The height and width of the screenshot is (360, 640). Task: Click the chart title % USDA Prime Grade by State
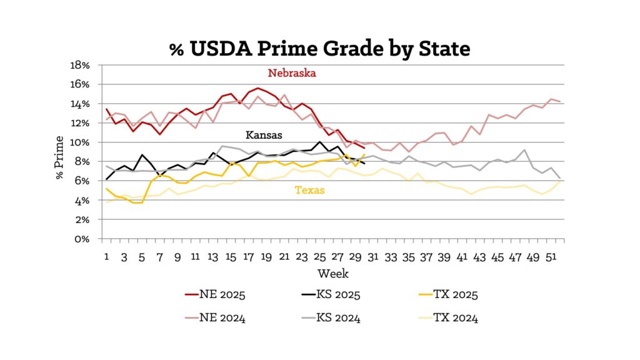[319, 48]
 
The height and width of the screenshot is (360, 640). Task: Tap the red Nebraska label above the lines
[292, 73]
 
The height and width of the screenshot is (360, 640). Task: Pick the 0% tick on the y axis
[84, 239]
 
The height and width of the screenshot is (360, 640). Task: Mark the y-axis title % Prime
[61, 152]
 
